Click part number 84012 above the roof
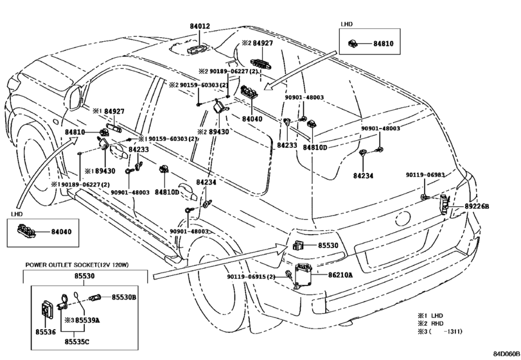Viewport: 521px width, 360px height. coord(200,26)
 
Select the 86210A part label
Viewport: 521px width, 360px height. coord(340,275)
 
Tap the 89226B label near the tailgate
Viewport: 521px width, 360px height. coord(477,206)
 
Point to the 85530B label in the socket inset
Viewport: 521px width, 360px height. coord(123,297)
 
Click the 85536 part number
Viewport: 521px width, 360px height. coord(46,332)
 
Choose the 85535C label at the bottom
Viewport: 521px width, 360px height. coord(76,342)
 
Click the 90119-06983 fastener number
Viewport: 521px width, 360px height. coord(425,175)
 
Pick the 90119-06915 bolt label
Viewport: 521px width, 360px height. coord(251,276)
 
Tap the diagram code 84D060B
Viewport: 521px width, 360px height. coord(506,354)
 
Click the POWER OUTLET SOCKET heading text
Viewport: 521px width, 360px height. coord(76,265)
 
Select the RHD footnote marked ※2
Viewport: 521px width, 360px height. coord(430,323)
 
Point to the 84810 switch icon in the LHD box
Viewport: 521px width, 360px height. coord(352,43)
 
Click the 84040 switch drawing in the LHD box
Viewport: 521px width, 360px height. coord(25,231)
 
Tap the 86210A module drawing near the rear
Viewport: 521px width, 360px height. coord(304,275)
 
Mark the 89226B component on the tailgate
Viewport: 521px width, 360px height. coord(445,204)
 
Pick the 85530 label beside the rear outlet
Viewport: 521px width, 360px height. coord(328,246)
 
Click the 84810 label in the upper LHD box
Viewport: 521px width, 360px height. coord(383,43)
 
